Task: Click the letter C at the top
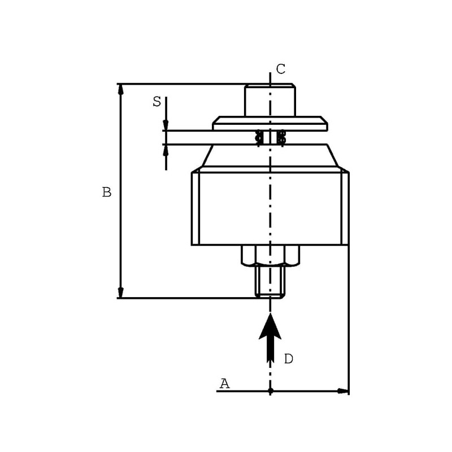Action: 280,69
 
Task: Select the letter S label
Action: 157,102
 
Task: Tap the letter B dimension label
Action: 107,192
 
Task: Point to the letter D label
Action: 289,359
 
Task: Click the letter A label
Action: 225,384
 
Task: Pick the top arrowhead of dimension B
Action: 121,89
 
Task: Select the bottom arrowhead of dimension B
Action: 121,293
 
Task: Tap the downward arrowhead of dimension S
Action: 166,125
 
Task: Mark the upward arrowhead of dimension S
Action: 166,150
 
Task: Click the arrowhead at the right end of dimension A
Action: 343,391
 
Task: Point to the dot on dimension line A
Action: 271,391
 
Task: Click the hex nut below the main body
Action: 271,255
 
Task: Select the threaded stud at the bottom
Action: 271,281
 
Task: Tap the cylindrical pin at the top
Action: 270,100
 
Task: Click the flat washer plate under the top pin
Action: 270,123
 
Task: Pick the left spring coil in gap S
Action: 259,137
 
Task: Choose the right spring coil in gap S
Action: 281,137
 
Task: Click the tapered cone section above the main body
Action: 270,156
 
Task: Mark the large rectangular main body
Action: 271,208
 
